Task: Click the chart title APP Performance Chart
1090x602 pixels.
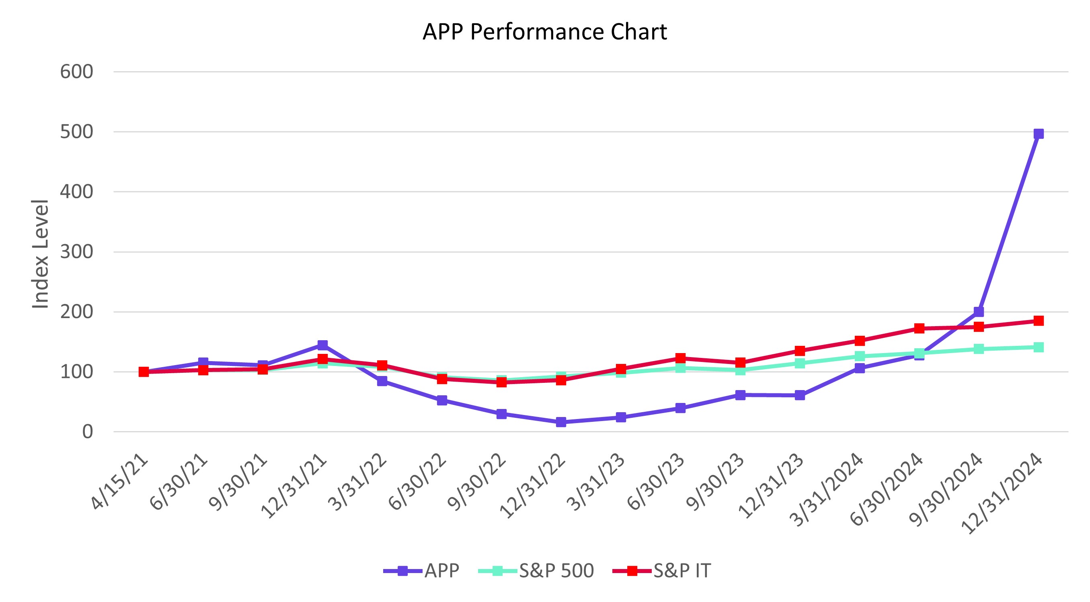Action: (x=544, y=32)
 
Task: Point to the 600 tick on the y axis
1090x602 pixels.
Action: (x=76, y=72)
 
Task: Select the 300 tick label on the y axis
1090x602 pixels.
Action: (x=76, y=252)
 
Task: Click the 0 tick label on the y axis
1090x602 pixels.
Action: (x=88, y=432)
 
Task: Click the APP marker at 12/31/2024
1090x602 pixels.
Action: (x=1039, y=134)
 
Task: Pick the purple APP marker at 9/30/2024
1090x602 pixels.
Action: (x=979, y=312)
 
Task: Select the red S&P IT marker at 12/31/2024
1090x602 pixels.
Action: (x=1039, y=321)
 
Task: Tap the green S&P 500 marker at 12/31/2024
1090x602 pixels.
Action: (x=1039, y=347)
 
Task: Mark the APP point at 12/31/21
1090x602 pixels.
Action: (x=322, y=345)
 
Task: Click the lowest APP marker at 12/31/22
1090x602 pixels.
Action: (x=561, y=422)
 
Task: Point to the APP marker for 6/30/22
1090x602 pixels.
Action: (x=442, y=400)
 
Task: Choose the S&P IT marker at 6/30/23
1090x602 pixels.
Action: (x=680, y=358)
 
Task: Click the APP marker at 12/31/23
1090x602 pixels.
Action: (x=800, y=395)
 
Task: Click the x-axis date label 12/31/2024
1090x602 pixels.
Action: (x=1003, y=493)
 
